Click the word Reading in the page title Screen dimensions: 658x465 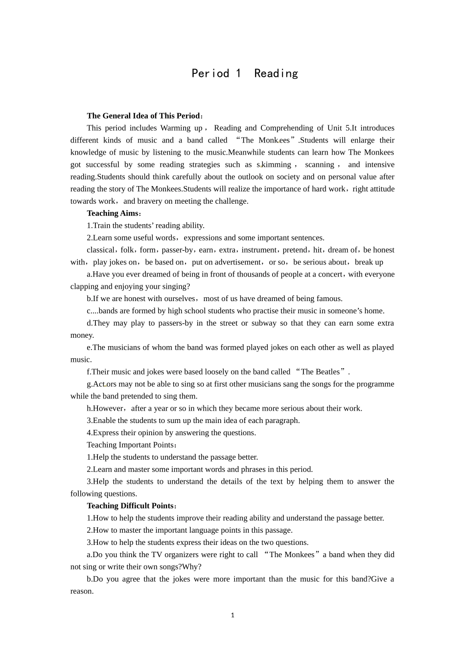[276, 73]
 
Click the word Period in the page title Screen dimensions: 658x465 [210, 73]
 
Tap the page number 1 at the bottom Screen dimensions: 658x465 [232, 615]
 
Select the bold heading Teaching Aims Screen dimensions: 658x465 [113, 213]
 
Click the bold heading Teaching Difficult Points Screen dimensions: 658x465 [130, 506]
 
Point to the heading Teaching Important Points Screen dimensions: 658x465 [130, 445]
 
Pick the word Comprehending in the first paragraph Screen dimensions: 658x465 [286, 128]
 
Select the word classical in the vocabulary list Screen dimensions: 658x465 [100, 250]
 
